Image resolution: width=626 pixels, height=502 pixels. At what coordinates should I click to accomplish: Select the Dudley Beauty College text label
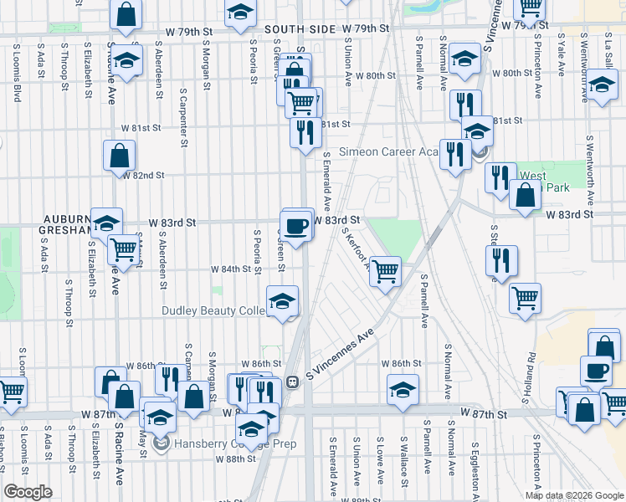point(213,310)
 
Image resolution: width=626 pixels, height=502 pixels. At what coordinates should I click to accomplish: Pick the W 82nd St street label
point(143,175)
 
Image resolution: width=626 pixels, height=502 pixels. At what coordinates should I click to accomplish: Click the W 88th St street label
point(235,458)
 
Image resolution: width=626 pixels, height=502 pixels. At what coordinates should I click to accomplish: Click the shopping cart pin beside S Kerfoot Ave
point(385,270)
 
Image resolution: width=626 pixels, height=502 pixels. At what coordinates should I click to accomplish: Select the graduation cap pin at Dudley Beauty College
point(283,300)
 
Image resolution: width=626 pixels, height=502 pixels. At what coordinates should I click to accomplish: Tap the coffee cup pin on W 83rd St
point(297,224)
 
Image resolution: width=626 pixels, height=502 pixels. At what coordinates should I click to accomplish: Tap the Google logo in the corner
point(28,492)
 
